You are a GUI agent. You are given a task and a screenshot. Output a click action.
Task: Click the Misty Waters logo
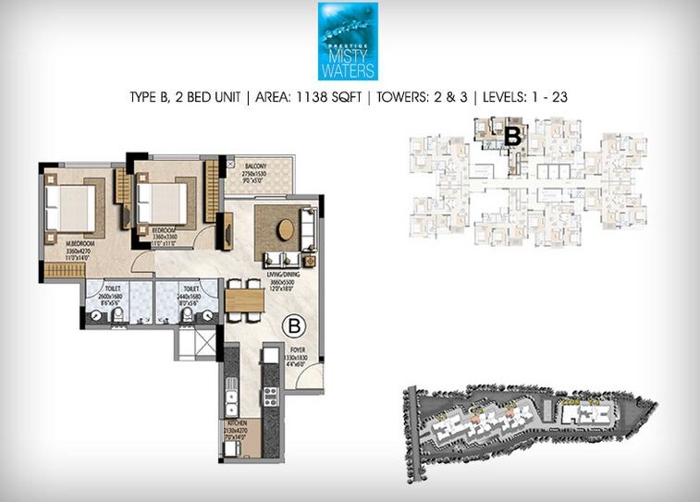pos(348,42)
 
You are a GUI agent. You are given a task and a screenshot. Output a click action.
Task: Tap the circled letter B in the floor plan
pos(293,326)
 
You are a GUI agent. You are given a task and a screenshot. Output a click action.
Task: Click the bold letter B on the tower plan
pos(513,137)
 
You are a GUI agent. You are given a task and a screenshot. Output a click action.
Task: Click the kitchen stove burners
pos(271,396)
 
